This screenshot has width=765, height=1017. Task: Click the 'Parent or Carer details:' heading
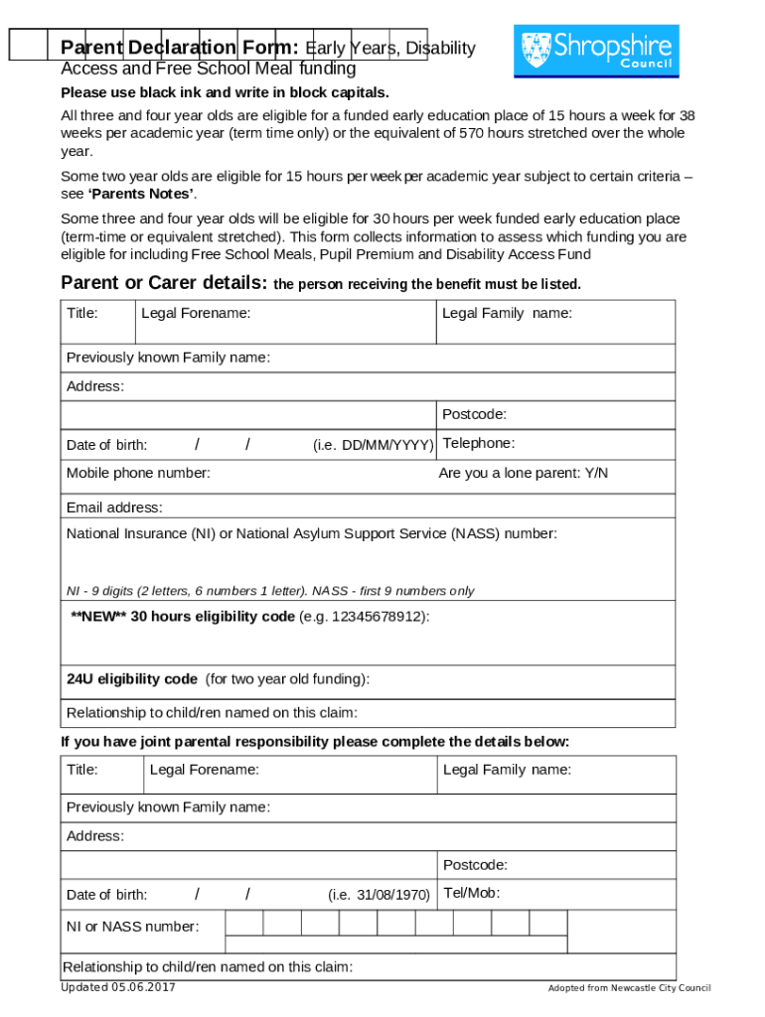coord(164,283)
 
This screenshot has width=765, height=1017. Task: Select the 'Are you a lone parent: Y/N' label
coord(523,473)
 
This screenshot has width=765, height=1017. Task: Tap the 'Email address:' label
coord(114,508)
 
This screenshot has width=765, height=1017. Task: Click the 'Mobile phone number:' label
coord(138,473)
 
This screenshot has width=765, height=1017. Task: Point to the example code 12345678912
coord(378,617)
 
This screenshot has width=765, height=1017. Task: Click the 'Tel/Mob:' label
coord(471,893)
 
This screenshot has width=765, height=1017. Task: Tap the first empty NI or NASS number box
coord(244,924)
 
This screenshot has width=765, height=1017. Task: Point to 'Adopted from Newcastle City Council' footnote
coord(629,988)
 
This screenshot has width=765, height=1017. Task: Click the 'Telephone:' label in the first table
coord(479,443)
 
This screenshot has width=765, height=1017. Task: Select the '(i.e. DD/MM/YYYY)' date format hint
coord(373,445)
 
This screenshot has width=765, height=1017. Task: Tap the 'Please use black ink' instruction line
coord(225,93)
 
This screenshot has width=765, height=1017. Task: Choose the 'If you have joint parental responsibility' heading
coord(315,742)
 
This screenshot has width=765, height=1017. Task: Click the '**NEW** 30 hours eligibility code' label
coord(183,617)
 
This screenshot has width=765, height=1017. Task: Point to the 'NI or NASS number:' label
coord(132,927)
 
